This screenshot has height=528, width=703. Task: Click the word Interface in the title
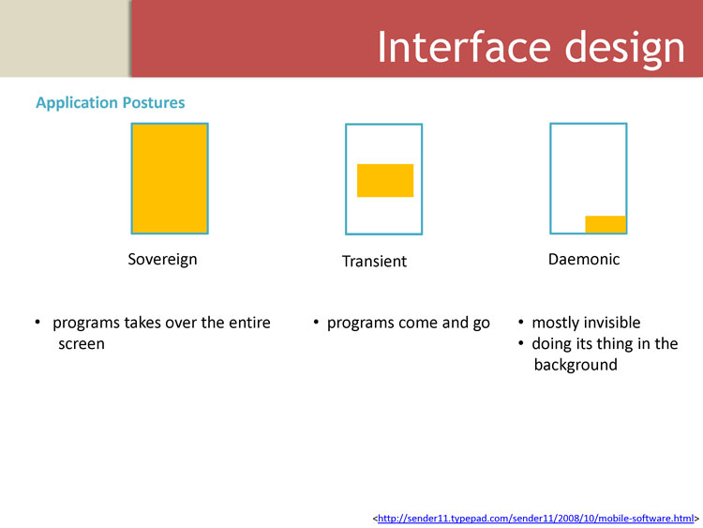pos(464,47)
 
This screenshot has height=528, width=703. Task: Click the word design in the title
pos(624,50)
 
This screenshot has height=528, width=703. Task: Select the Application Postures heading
pos(111,103)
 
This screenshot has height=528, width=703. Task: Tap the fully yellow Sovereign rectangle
pos(170,178)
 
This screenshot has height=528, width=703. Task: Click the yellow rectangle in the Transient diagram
pos(385,180)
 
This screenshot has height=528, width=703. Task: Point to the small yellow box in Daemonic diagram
pos(606,224)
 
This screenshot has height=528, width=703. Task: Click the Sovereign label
pos(162,260)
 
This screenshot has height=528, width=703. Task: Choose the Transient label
pos(374,261)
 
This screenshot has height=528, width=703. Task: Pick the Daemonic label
pos(584,259)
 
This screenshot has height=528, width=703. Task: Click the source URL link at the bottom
pos(536,519)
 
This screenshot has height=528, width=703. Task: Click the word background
pos(576,365)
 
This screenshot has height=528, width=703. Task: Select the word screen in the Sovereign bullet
pos(82,344)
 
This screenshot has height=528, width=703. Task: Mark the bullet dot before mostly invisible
pos(520,322)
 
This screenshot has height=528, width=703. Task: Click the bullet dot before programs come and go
pos(316,322)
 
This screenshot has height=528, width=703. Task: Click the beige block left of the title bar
pos(65,38)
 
